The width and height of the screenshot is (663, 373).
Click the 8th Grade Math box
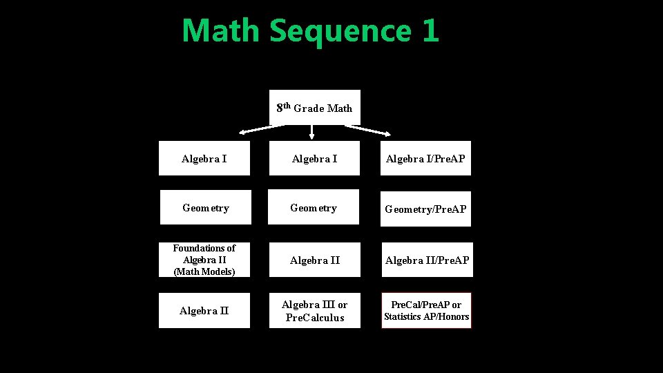pyautogui.click(x=314, y=108)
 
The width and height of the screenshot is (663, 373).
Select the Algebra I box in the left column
pyautogui.click(x=204, y=159)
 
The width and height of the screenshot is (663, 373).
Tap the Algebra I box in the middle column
pyautogui.click(x=314, y=159)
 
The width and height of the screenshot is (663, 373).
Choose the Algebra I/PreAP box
pyautogui.click(x=425, y=159)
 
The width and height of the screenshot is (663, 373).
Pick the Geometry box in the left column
pyautogui.click(x=205, y=208)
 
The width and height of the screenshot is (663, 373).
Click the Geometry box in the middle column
pyautogui.click(x=314, y=207)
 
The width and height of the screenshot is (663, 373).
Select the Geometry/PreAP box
pyautogui.click(x=425, y=209)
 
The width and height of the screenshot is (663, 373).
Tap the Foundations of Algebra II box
pyautogui.click(x=204, y=260)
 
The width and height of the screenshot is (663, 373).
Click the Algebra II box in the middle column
pyautogui.click(x=315, y=260)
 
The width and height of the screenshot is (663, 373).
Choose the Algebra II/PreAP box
pyautogui.click(x=427, y=260)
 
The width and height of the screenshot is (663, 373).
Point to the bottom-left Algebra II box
pyautogui.click(x=204, y=311)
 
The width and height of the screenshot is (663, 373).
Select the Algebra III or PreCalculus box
pyautogui.click(x=314, y=311)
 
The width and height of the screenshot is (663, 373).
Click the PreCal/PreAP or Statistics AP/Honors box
pyautogui.click(x=426, y=311)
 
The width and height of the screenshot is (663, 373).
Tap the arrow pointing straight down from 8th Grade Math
pyautogui.click(x=312, y=131)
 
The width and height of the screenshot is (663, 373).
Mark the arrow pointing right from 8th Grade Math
pyautogui.click(x=368, y=130)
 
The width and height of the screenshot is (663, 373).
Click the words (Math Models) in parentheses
pyautogui.click(x=204, y=272)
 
